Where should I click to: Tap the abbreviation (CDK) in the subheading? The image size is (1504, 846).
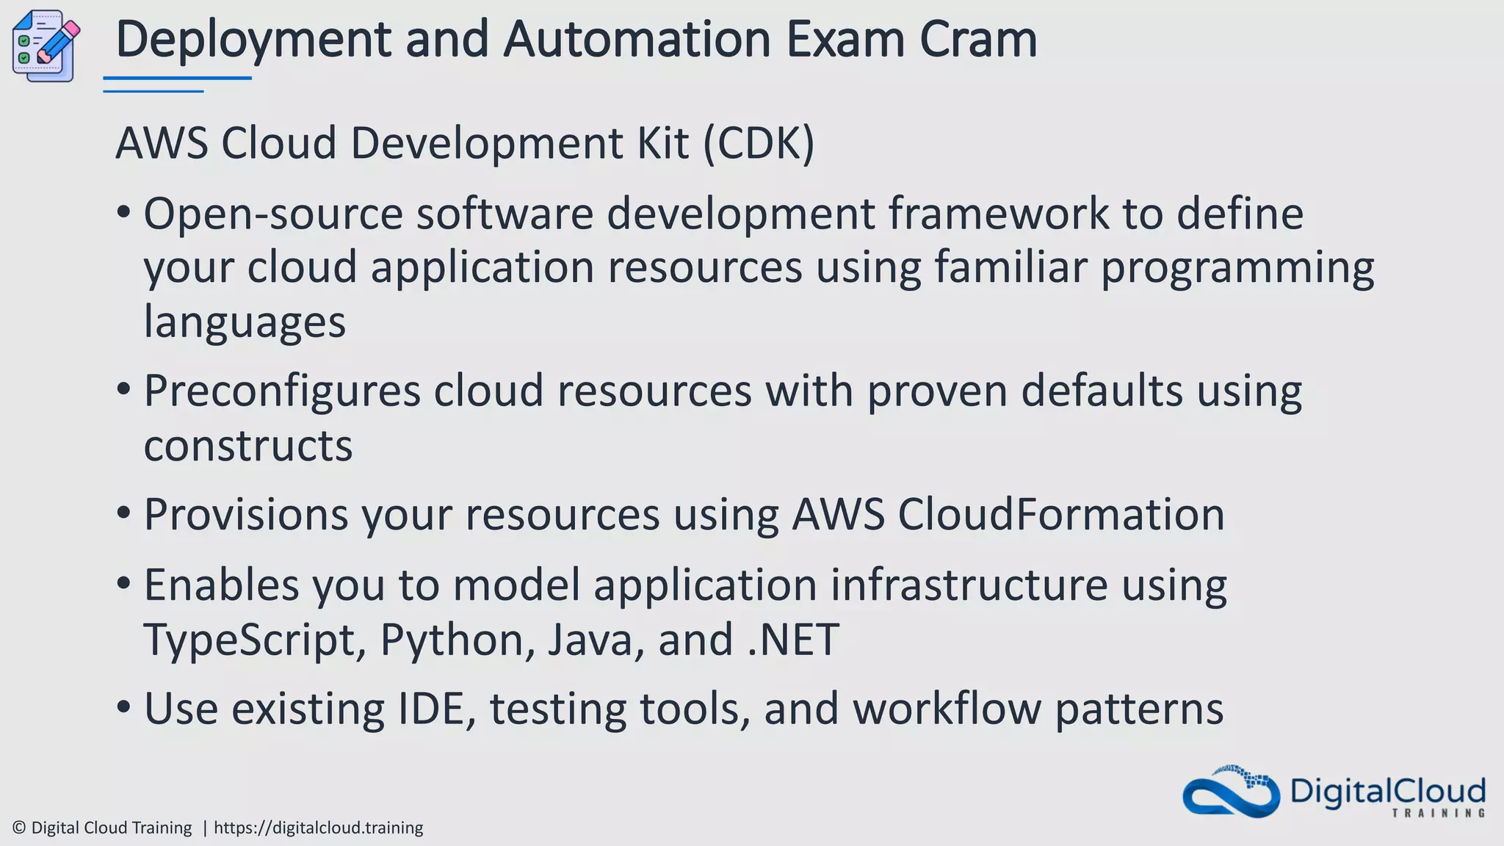pos(759,142)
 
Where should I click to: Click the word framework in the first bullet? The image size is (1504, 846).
pos(998,214)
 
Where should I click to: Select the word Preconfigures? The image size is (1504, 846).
pos(282,391)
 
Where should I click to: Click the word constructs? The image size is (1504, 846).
pos(248,446)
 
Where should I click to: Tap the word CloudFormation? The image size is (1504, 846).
pos(1060,514)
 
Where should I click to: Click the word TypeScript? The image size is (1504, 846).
pos(254,640)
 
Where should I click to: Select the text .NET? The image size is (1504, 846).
pos(793,640)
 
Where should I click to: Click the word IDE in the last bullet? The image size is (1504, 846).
pos(435,709)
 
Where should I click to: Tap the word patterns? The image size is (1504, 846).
pos(1139,709)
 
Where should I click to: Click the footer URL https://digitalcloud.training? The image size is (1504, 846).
pos(318,828)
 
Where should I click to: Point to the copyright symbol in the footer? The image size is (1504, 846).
pos(20,828)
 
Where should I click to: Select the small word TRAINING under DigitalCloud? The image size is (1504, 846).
pos(1439,813)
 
